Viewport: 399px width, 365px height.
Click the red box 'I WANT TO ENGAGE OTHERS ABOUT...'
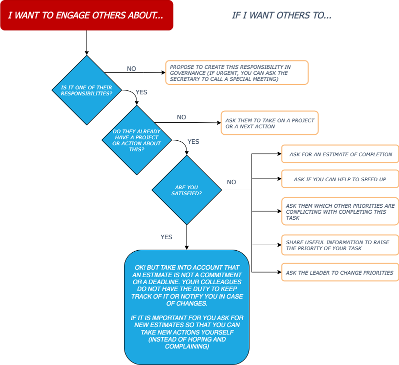pos(87,15)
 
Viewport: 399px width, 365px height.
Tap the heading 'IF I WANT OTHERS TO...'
pos(281,15)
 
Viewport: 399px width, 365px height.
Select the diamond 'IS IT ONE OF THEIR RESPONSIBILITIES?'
pos(87,90)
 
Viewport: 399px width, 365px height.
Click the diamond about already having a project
pos(136,140)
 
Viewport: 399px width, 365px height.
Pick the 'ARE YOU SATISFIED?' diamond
pos(186,190)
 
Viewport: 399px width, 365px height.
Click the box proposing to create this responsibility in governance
pos(237,73)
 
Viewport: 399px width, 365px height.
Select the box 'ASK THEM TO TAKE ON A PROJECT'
pos(269,123)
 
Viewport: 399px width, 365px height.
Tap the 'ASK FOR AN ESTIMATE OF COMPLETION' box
pos(340,154)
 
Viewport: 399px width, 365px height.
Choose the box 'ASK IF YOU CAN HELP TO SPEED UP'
pos(340,179)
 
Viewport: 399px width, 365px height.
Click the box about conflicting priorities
pos(340,211)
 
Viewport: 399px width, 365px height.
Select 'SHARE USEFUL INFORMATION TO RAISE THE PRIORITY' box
pos(340,245)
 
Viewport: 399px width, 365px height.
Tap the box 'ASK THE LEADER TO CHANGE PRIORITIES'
pos(340,272)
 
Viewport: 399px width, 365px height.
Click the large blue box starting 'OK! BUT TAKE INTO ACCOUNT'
pos(186,307)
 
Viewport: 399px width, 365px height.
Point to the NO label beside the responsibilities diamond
pos(131,68)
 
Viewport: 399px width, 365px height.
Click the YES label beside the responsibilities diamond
pos(141,92)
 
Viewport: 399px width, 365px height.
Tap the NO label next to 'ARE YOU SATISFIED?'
pos(231,182)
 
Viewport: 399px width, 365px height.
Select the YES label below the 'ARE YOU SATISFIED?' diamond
pos(166,237)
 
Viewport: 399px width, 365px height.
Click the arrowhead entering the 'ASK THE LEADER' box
pos(279,272)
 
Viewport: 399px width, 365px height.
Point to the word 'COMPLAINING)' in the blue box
pos(187,347)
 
